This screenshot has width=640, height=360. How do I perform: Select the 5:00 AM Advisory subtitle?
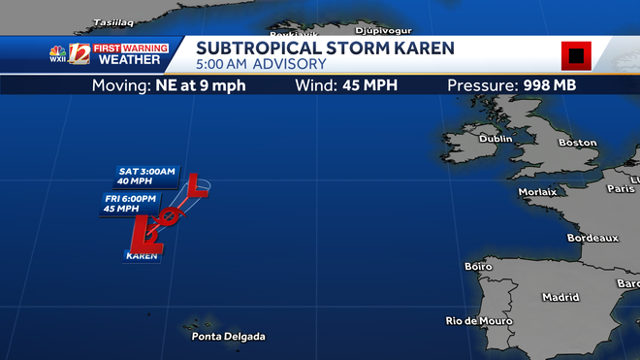(x=260, y=65)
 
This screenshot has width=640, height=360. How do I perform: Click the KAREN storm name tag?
(x=142, y=256)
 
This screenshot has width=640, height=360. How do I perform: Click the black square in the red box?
(x=576, y=56)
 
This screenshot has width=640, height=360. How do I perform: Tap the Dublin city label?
(x=496, y=139)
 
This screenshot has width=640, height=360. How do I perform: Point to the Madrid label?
(x=560, y=297)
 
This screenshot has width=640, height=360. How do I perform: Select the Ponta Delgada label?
(x=228, y=337)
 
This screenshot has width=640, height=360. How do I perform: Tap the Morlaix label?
(x=537, y=192)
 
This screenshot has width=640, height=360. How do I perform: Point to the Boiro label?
(x=479, y=266)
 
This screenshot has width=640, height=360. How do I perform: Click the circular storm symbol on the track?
(x=169, y=215)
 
